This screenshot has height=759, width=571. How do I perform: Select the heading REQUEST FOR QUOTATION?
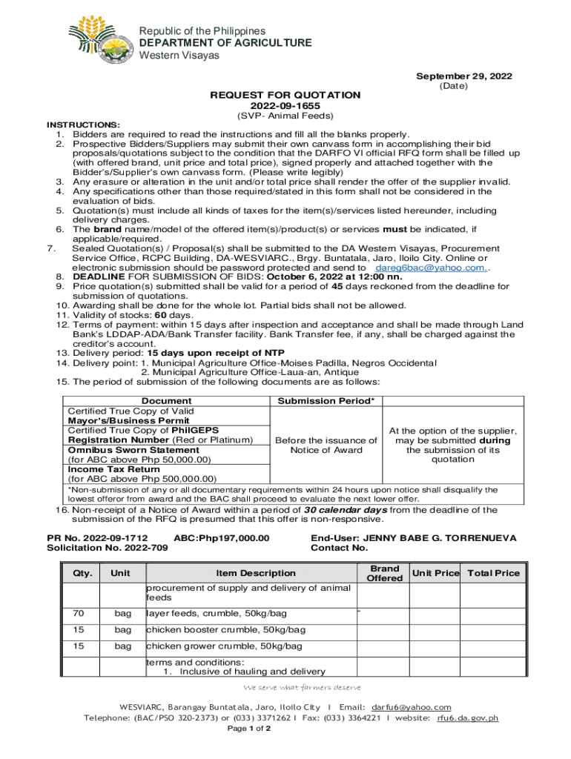click(285, 95)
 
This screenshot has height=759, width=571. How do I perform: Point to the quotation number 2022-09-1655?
click(285, 106)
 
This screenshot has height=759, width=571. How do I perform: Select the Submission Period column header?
click(326, 401)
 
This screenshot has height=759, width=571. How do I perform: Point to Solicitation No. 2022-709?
click(108, 548)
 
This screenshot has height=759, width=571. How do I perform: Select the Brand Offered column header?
click(385, 573)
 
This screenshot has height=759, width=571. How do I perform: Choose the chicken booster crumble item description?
click(225, 630)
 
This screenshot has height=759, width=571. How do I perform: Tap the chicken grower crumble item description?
click(224, 646)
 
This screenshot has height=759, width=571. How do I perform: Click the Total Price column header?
click(493, 573)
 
